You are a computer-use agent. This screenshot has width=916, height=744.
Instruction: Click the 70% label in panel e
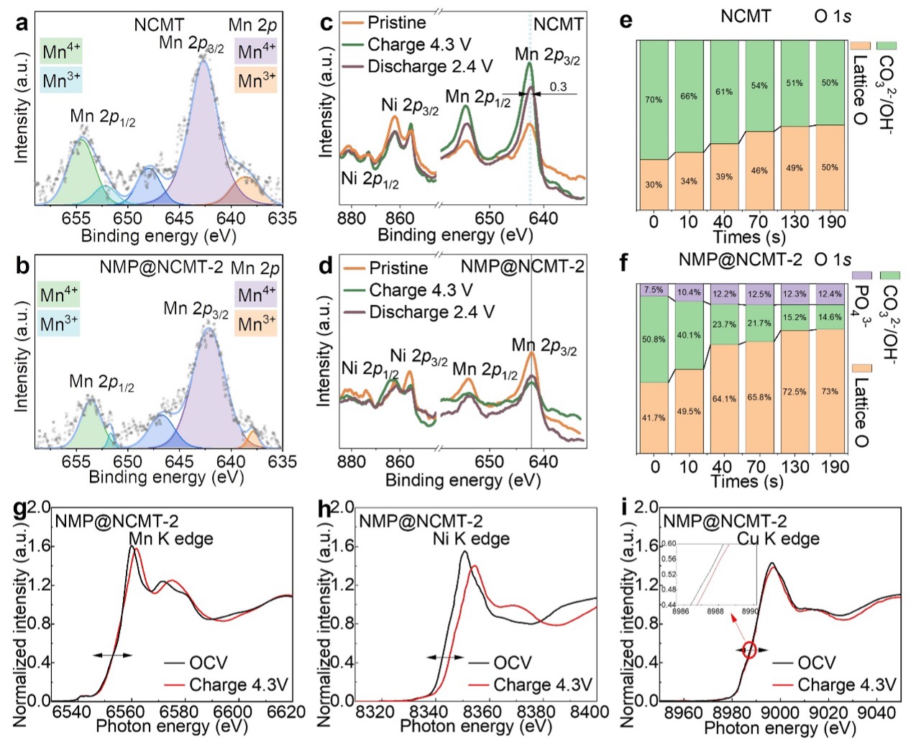(653, 100)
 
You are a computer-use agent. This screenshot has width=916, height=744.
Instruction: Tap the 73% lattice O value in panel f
(830, 392)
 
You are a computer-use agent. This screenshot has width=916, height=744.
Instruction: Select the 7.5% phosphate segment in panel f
(654, 290)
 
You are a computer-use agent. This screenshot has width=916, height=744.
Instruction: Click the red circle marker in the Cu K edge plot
(749, 650)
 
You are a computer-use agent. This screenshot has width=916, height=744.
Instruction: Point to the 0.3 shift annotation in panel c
(558, 87)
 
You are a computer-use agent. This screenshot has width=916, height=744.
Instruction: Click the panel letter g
(22, 510)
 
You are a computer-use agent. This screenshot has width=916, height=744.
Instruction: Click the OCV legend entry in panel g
(208, 663)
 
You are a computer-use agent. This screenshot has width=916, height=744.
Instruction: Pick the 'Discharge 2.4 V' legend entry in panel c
(430, 67)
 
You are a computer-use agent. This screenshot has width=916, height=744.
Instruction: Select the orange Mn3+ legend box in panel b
(257, 323)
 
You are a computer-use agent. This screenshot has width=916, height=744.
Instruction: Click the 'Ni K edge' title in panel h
(471, 538)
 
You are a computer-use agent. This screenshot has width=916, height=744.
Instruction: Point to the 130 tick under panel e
(794, 221)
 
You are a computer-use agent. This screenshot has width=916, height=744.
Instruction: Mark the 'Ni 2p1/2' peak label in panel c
(370, 179)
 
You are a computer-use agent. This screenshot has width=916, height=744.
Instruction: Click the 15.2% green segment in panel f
(794, 317)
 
